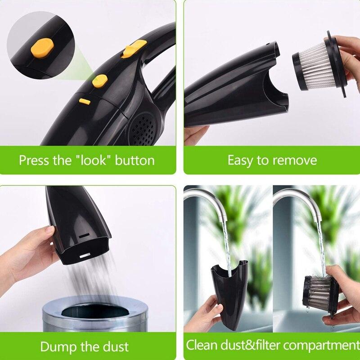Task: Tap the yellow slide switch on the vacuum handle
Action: click(134, 49)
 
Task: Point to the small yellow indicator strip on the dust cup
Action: click(85, 102)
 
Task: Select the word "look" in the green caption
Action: click(94, 160)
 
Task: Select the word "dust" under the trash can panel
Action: click(116, 346)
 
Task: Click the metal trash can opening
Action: click(95, 310)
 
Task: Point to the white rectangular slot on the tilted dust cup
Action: click(85, 256)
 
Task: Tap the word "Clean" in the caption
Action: click(202, 345)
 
